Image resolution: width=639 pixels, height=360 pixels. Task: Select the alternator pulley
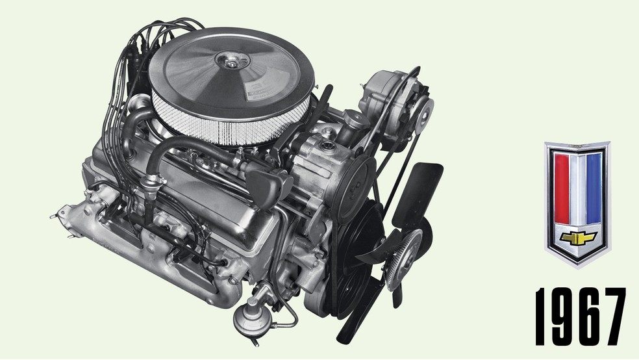click(x=422, y=112)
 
